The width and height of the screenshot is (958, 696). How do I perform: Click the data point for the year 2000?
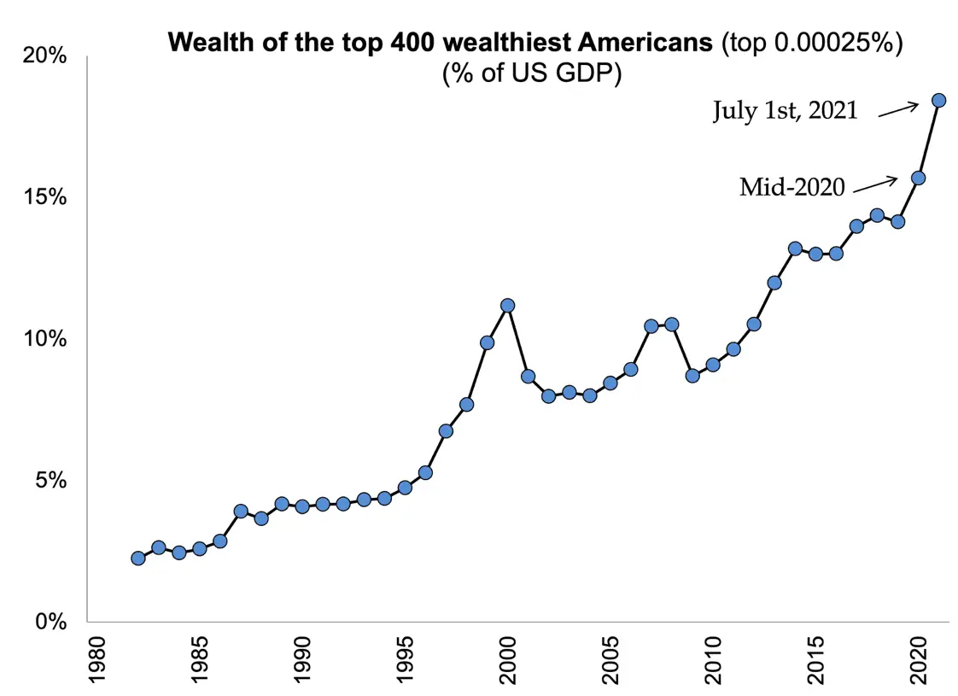coord(507,305)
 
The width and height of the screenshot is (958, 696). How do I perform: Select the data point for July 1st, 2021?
coord(938,100)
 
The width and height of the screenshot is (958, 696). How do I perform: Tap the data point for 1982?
coord(137,558)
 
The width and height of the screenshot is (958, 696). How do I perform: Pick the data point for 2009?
coord(692,375)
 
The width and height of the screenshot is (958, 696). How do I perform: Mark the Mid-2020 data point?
coord(918,178)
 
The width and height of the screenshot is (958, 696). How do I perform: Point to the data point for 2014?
coord(795,249)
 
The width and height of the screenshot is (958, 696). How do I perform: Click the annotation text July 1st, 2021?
coord(785,111)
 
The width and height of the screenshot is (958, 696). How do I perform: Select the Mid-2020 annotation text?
coord(792,187)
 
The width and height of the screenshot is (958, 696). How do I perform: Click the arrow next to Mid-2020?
coord(875,183)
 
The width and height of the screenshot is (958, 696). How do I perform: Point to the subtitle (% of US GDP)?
coord(531,73)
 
